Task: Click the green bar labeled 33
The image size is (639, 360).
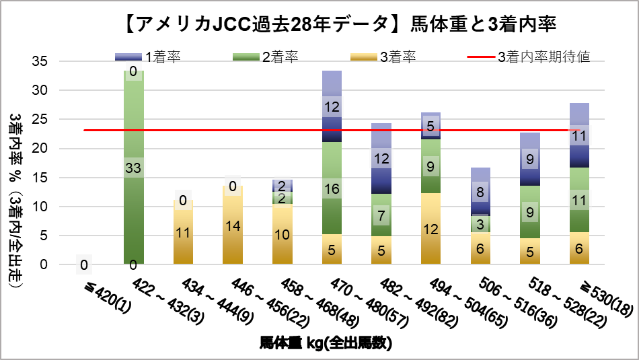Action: coord(134,168)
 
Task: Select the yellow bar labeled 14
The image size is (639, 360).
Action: coord(233,225)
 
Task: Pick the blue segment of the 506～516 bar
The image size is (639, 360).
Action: coord(480,192)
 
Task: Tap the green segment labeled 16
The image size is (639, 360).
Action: coord(332,188)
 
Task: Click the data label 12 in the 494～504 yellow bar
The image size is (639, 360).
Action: coord(430,229)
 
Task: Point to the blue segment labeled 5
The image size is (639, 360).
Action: coord(430,126)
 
